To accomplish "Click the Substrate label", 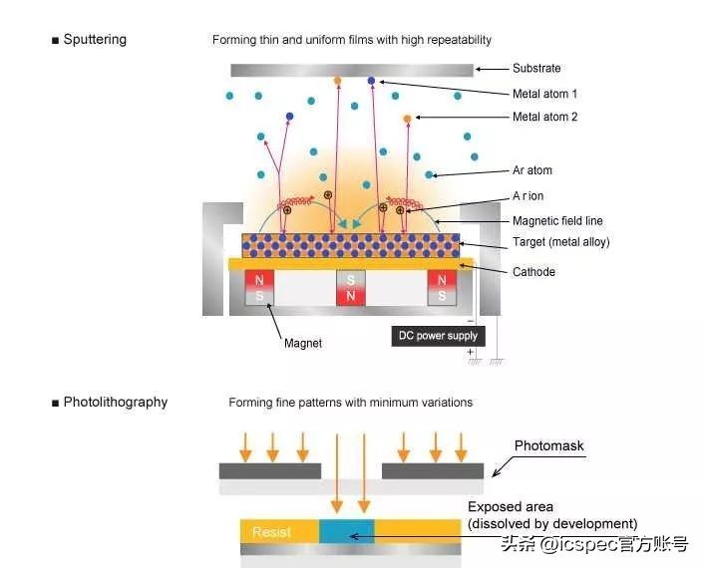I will (x=536, y=69).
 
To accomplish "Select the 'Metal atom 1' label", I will (x=544, y=94).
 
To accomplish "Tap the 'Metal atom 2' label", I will (x=544, y=118).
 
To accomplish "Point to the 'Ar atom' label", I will (x=532, y=170).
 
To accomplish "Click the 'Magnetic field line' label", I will (x=557, y=221).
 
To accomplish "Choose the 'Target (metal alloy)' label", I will (x=560, y=243).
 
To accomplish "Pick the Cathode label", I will (x=534, y=272).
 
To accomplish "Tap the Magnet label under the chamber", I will (x=303, y=344).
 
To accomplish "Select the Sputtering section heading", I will (x=94, y=40).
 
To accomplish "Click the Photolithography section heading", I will (x=115, y=403).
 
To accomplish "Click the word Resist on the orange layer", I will (x=271, y=532).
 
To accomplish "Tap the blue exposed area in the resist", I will (x=347, y=531).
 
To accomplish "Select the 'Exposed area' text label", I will (x=510, y=507).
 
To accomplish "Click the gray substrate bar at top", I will (x=351, y=70).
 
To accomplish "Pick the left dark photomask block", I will (x=270, y=470).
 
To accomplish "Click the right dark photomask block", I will (x=433, y=470).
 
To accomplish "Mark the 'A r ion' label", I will (x=528, y=196).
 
